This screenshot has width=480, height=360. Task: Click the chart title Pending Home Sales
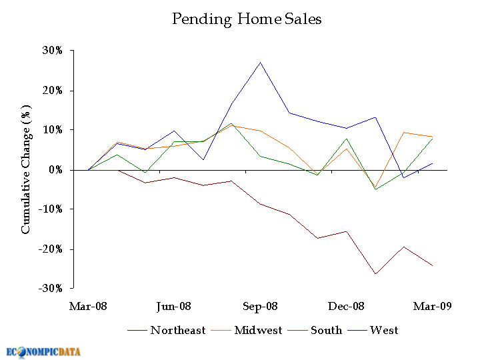click(x=247, y=19)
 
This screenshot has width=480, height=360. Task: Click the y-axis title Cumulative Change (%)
click(x=26, y=169)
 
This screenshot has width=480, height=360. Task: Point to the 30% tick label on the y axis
click(x=54, y=51)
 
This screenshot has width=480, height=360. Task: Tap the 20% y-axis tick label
click(x=54, y=91)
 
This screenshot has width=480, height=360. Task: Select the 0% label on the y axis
click(x=57, y=170)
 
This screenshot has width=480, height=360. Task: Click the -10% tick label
click(x=52, y=209)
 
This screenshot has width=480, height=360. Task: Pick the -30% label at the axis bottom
click(x=52, y=289)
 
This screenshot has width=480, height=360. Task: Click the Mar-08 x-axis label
click(x=88, y=307)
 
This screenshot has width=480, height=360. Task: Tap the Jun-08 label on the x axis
click(x=174, y=307)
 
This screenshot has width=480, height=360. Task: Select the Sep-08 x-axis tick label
click(x=260, y=307)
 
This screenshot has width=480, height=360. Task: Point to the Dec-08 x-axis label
click(x=347, y=307)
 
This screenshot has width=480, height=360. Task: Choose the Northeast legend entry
click(x=177, y=330)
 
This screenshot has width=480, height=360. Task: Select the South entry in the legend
click(x=326, y=330)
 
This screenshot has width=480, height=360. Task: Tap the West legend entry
click(x=384, y=330)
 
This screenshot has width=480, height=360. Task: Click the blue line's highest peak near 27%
click(x=260, y=62)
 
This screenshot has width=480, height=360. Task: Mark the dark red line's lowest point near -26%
click(x=375, y=274)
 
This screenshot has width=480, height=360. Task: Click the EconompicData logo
click(x=44, y=351)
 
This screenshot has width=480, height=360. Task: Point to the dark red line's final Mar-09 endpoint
click(x=433, y=266)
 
